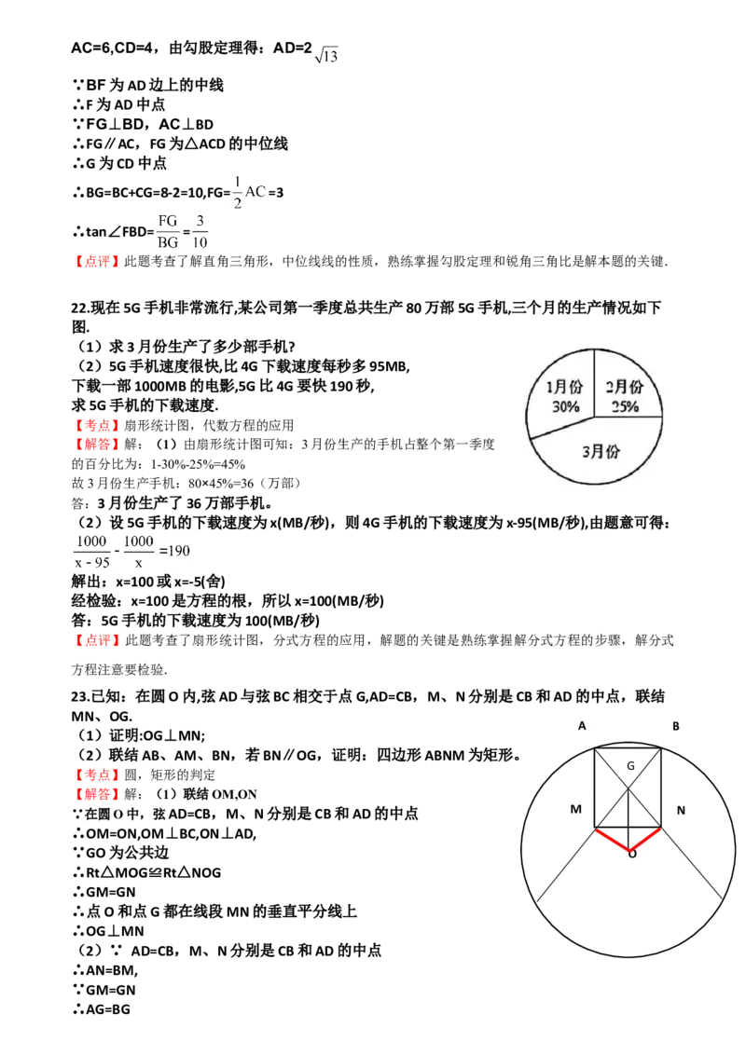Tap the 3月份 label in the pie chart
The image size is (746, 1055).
[x=601, y=451]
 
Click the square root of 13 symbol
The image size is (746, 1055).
[x=325, y=55]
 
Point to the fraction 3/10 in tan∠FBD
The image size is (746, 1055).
[x=200, y=231]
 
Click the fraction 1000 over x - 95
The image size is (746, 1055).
[x=91, y=552]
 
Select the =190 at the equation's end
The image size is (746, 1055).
[x=174, y=551]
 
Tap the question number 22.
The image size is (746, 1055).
[x=79, y=308]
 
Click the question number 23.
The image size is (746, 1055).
[x=79, y=697]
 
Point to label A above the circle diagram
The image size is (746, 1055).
[x=582, y=726]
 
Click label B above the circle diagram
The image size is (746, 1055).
[x=675, y=726]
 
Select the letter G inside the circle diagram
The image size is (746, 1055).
[x=631, y=766]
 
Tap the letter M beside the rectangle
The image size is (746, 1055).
[x=575, y=809]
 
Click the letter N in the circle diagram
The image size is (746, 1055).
[x=681, y=810]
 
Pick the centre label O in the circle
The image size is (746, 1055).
[x=632, y=855]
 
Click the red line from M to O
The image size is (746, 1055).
[x=612, y=840]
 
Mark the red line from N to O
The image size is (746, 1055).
[x=645, y=840]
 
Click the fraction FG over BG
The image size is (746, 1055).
[x=168, y=231]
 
